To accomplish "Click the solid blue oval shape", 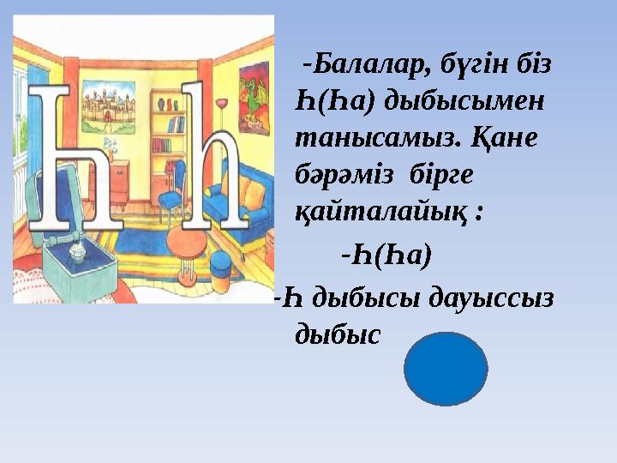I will pos(445,369).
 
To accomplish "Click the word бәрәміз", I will pos(347,174).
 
